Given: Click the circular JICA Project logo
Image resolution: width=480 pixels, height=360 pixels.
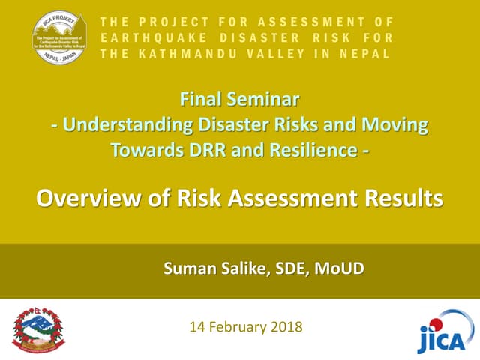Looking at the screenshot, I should coord(64,38).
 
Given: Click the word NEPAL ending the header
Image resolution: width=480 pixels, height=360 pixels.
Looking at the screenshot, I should coord(367,53).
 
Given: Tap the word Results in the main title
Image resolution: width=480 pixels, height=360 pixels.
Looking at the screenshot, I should coord(401,199).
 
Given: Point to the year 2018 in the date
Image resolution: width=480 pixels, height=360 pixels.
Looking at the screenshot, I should coord(288,326).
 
